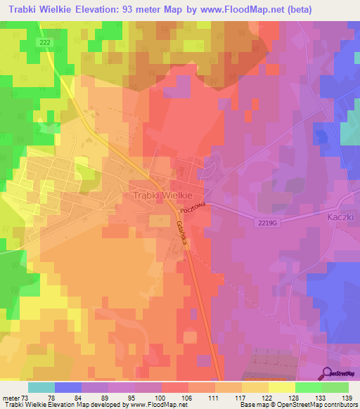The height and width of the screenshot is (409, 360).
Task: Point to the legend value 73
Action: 26,397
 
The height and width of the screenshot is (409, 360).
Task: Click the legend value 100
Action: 162,397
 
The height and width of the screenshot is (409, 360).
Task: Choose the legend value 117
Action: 242,397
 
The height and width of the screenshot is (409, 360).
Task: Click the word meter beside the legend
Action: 11,397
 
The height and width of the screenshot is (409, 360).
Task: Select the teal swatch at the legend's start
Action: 41,387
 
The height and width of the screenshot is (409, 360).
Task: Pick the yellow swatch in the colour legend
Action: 281,387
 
